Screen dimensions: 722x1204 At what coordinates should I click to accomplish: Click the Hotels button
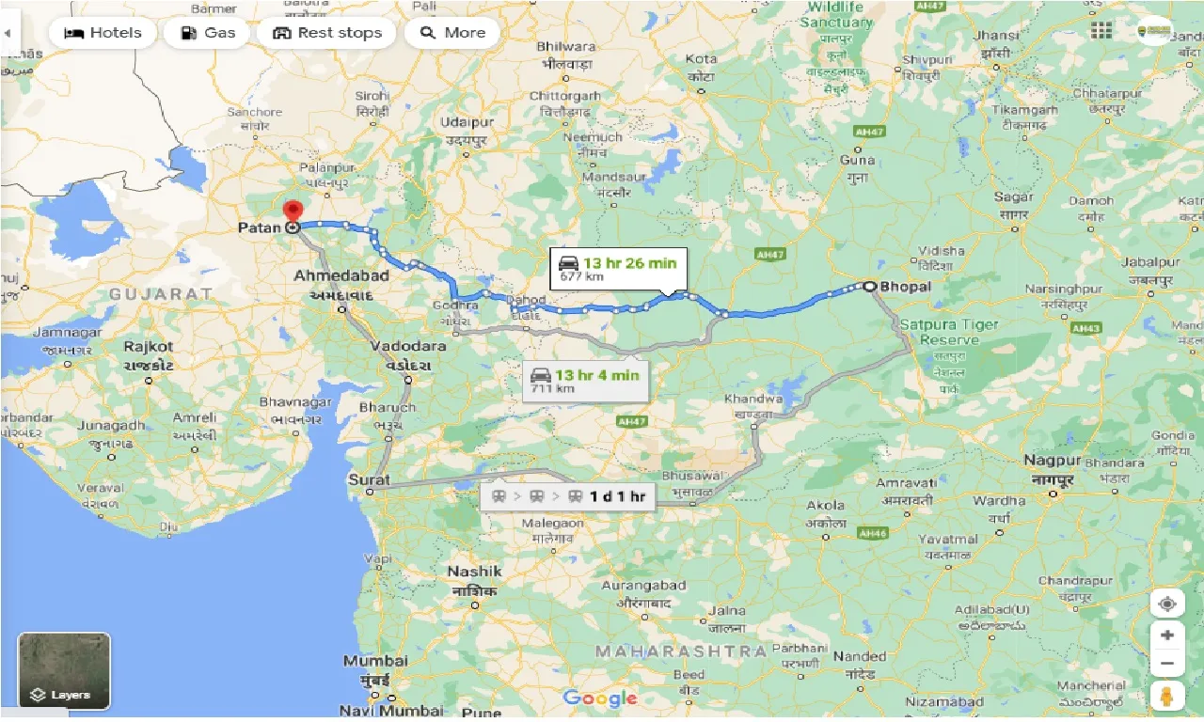[103, 33]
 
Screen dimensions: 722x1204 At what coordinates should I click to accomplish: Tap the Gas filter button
[207, 33]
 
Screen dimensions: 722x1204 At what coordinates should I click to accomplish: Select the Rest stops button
[326, 33]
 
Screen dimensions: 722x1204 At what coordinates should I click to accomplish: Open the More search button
[452, 33]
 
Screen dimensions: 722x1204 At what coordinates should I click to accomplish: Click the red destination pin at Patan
[293, 212]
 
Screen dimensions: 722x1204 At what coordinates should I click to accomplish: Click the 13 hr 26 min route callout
[618, 268]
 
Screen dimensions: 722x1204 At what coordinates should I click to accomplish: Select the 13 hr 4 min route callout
[584, 380]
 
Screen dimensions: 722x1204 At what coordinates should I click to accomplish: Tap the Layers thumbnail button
[64, 670]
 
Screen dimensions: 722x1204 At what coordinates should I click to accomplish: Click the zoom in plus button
[1167, 635]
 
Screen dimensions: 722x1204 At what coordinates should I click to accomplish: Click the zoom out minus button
[1167, 664]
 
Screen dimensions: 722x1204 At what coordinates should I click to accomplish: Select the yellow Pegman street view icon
[1167, 698]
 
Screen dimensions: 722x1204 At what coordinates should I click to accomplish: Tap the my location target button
[1167, 604]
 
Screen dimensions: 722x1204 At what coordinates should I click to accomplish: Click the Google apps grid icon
[1101, 31]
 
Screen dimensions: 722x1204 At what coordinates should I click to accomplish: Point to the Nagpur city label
[1053, 461]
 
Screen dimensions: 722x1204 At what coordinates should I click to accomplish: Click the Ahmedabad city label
[341, 276]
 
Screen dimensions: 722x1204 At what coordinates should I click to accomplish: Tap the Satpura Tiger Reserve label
[949, 332]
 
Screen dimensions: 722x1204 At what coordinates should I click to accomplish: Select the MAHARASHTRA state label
[682, 651]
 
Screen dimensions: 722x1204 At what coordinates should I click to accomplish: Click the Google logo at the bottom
[600, 698]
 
